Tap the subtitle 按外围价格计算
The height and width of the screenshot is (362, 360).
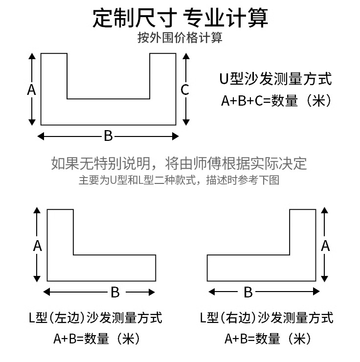(180, 38)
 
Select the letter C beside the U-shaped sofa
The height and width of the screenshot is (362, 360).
(185, 90)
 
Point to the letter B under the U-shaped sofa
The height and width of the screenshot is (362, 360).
(108, 136)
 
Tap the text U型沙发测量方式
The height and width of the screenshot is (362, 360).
(276, 79)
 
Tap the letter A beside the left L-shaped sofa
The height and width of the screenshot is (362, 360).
(38, 246)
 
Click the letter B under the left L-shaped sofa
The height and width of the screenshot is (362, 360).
(115, 292)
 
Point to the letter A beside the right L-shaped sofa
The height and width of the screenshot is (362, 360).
(325, 246)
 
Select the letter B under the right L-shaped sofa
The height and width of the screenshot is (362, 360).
(248, 292)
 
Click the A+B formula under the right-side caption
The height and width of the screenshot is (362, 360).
(268, 338)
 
